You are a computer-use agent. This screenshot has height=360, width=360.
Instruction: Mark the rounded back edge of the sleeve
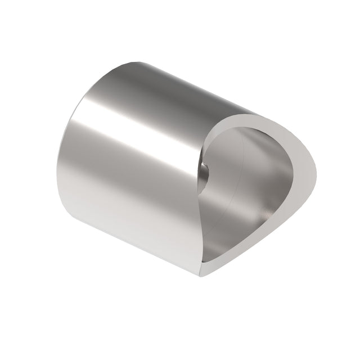(63, 163)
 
